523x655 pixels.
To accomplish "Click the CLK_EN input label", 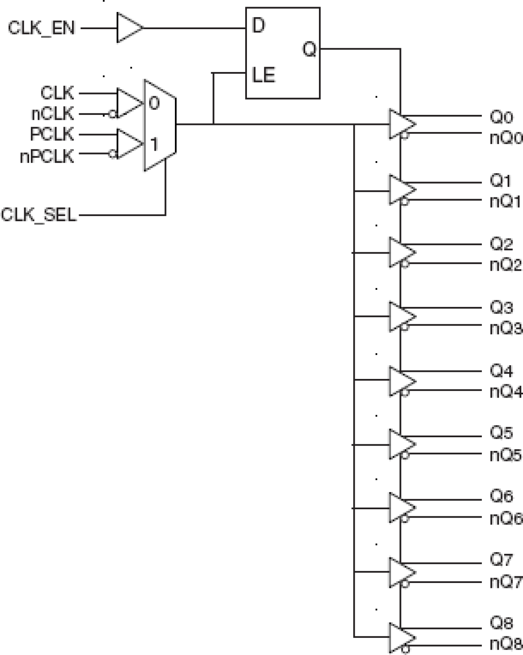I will click(x=41, y=28).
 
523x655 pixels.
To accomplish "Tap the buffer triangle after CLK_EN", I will click(x=128, y=28).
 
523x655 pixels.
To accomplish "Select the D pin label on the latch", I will click(x=258, y=26).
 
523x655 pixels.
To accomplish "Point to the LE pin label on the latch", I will click(x=263, y=75).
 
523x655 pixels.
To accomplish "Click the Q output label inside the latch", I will click(x=309, y=50).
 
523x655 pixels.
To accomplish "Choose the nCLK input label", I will click(x=52, y=114).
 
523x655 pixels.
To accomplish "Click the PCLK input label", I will click(x=52, y=134).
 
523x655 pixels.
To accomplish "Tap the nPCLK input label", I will click(x=47, y=157).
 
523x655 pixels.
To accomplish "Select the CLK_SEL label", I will click(x=39, y=215).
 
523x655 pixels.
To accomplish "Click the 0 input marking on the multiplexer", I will click(x=154, y=103).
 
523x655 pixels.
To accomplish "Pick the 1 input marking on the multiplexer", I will click(x=154, y=144).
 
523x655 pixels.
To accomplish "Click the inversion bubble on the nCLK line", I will click(x=112, y=114).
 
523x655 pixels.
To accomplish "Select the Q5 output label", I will click(x=501, y=433).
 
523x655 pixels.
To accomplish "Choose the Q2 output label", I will click(x=501, y=244).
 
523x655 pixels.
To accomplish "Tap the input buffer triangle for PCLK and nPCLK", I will click(x=128, y=144).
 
